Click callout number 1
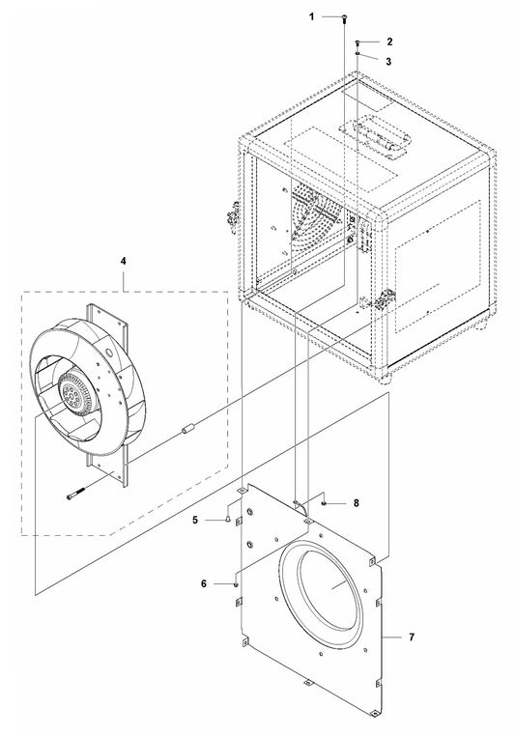click(x=311, y=16)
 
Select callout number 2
click(x=389, y=42)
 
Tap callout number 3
click(x=388, y=62)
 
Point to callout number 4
click(x=124, y=261)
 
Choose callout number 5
click(x=195, y=520)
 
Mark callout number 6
click(x=204, y=583)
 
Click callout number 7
click(x=412, y=637)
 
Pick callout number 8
click(x=357, y=503)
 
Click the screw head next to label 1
click(x=344, y=17)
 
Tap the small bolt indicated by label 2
click(x=358, y=42)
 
